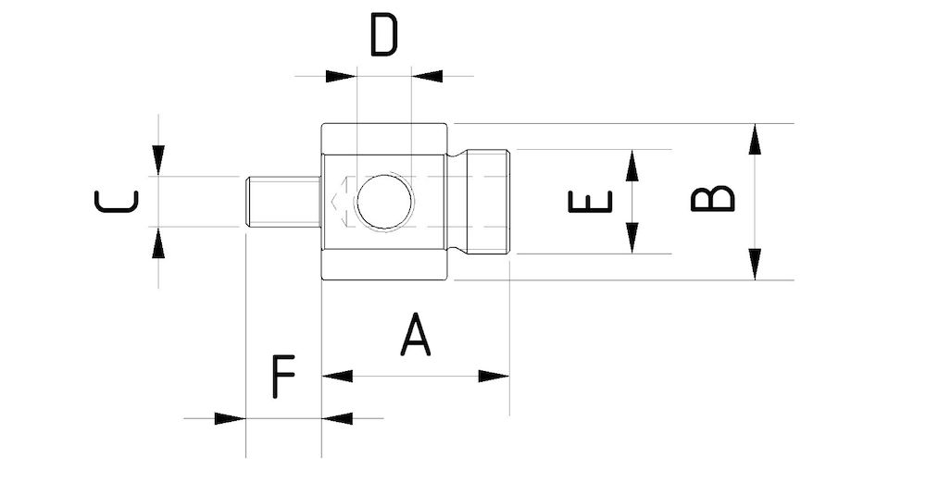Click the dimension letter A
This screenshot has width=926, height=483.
[416, 335]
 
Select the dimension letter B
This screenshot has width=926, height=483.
[713, 198]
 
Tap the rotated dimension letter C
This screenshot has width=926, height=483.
[117, 201]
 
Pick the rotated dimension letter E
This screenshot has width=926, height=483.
[590, 201]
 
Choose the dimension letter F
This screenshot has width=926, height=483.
[283, 376]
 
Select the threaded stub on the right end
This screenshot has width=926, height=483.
[488, 202]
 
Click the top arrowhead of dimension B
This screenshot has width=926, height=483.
[755, 138]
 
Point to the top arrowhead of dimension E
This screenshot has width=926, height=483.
[632, 164]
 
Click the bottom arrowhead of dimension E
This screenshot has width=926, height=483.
[632, 239]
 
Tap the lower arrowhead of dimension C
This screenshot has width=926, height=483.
[158, 243]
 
